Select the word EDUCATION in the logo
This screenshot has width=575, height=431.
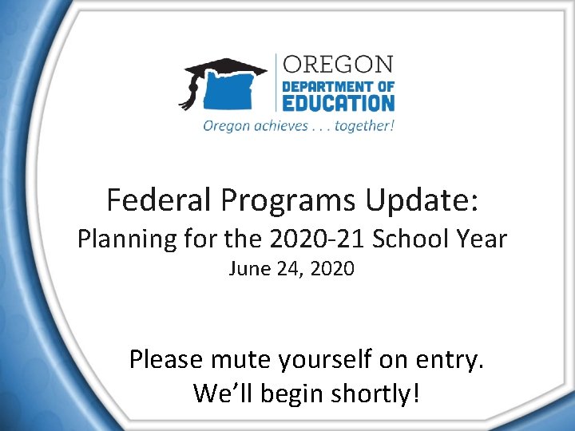pyautogui.click(x=338, y=103)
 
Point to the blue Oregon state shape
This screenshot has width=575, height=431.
pyautogui.click(x=236, y=93)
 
